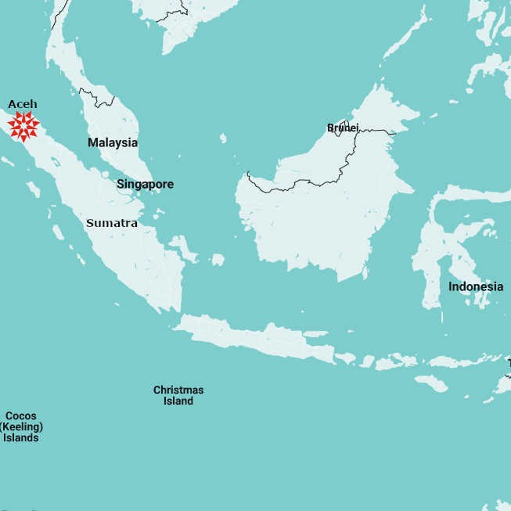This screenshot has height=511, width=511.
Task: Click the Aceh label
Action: coord(23,104)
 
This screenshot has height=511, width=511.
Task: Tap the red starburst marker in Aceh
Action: coord(23,126)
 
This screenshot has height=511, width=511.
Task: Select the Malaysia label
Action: coord(113,142)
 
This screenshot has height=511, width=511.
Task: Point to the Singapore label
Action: coord(146,185)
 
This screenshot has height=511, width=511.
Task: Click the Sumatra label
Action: coord(112,223)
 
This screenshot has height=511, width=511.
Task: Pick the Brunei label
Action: coord(343,128)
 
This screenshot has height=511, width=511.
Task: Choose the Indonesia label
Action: coord(476,287)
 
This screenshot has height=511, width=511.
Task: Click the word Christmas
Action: coord(178,390)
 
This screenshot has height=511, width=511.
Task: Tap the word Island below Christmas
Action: coord(178,401)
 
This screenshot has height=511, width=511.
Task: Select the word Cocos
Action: coord(21,416)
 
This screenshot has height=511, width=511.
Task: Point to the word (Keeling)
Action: coord(21,427)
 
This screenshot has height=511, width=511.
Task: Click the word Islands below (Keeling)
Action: coord(21,438)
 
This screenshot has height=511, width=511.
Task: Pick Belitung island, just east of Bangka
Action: coord(218,258)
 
